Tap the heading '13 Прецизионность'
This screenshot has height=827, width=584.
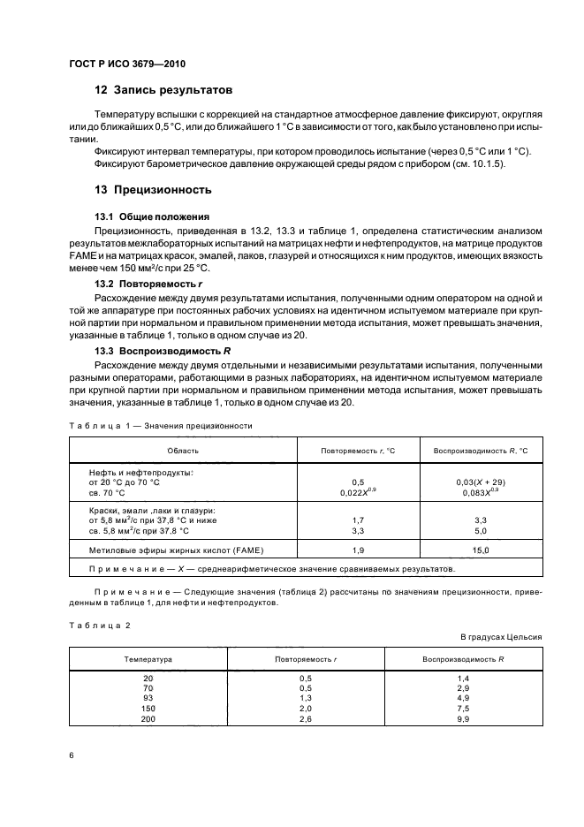tap(151, 189)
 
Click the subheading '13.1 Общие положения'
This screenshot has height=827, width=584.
tap(152, 216)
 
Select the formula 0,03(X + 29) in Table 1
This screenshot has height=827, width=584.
tap(482, 482)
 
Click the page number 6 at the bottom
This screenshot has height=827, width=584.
tap(72, 757)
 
